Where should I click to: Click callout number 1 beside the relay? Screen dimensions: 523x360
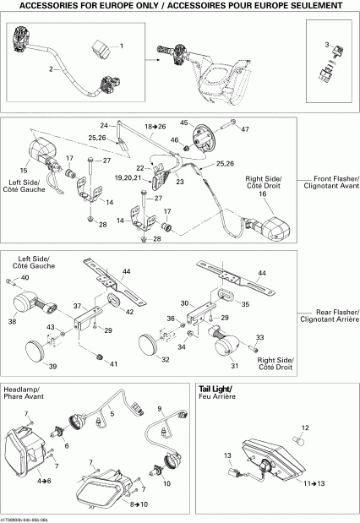click(121, 45)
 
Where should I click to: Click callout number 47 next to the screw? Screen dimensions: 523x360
click(246, 129)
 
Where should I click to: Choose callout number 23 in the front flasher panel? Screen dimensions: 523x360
click(179, 182)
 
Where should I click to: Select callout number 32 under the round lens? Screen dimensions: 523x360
click(164, 359)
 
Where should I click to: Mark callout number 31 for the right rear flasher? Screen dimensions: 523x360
click(234, 366)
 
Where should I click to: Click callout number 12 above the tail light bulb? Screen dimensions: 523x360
click(306, 427)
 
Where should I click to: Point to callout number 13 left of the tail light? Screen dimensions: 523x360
click(226, 455)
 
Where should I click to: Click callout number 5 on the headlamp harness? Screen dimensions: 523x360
click(112, 414)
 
